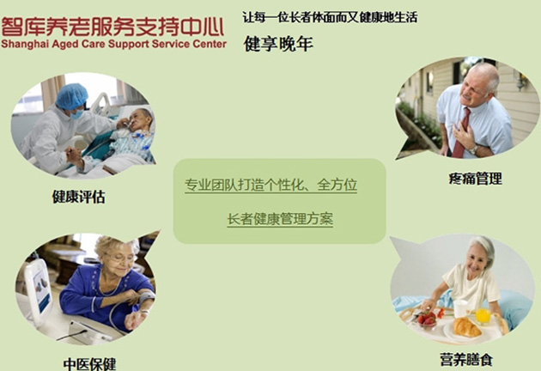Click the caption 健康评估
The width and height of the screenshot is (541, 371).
point(78,197)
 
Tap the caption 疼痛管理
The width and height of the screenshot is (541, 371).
point(475,179)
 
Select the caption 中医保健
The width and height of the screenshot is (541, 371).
point(89,364)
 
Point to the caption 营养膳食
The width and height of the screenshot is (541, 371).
point(466,360)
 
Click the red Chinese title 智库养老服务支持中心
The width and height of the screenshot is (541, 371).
point(112,27)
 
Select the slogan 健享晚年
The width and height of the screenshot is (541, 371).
point(278,44)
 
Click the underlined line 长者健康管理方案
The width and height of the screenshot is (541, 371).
point(280,219)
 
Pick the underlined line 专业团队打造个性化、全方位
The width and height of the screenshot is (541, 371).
point(270,185)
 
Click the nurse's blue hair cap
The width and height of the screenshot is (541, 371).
point(72,95)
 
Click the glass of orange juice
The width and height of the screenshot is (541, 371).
point(483,316)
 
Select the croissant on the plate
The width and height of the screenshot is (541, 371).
point(466,327)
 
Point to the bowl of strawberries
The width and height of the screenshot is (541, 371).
point(428,319)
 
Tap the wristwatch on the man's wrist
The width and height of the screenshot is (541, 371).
point(474,149)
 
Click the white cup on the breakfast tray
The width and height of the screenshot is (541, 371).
point(460,308)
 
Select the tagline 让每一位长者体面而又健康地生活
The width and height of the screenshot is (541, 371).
point(330,17)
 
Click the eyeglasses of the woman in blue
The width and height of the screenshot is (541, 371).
point(118,257)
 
